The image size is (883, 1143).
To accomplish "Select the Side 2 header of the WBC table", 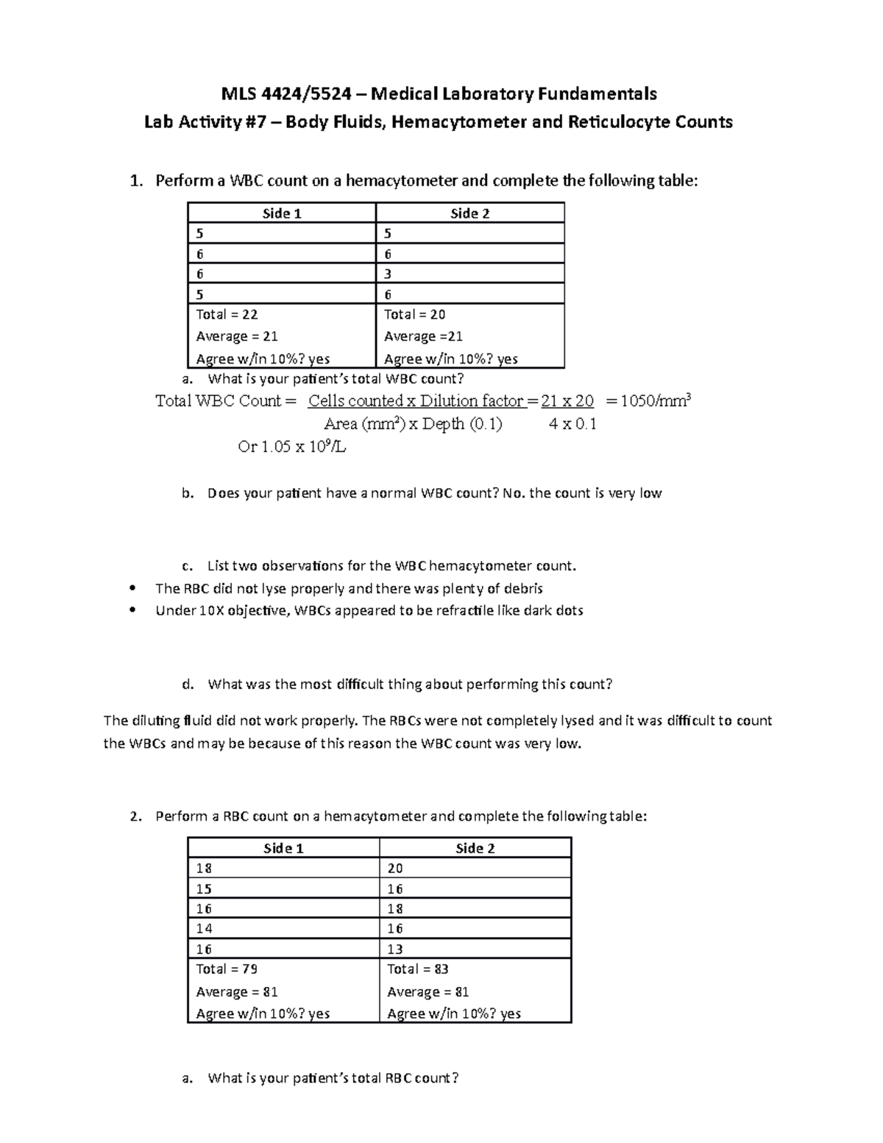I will coord(469,213).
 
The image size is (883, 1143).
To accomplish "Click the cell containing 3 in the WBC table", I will coord(388,275).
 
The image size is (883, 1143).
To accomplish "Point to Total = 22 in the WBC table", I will coord(227,315).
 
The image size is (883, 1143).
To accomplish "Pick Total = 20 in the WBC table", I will coord(415,315).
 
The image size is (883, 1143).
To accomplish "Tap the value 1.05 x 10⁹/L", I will coord(292,447).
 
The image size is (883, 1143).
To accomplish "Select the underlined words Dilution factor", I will coord(472,401).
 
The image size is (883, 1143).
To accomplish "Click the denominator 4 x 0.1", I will coord(572,424).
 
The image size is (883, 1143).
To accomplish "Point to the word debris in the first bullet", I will coord(521,589).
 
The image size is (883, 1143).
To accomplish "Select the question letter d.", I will coord(188,684).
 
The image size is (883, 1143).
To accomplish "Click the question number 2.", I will coord(134,816).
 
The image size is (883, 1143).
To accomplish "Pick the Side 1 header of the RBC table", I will coord(283,849).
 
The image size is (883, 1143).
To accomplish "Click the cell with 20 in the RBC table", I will coord(395,868).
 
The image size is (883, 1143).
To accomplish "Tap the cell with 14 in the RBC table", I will coord(204,929).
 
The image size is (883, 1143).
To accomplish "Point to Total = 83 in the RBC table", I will coord(417,969).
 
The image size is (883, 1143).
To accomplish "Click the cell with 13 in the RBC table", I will coord(395,949).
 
